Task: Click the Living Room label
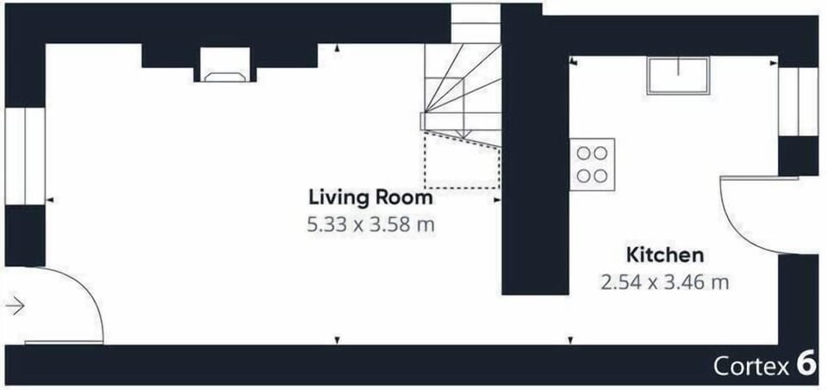370,198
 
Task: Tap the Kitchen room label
664,255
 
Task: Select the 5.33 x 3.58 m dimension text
370,226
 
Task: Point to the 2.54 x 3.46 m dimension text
664,282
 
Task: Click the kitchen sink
678,76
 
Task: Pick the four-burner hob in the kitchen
592,164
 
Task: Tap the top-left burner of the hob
583,153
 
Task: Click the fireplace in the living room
225,65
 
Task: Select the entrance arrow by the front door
16,306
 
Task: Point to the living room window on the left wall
25,156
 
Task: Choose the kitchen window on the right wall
798,102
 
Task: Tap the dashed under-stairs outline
462,161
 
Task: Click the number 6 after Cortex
806,365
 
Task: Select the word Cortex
751,366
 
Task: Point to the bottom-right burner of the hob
600,176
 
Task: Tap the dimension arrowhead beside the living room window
50,200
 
